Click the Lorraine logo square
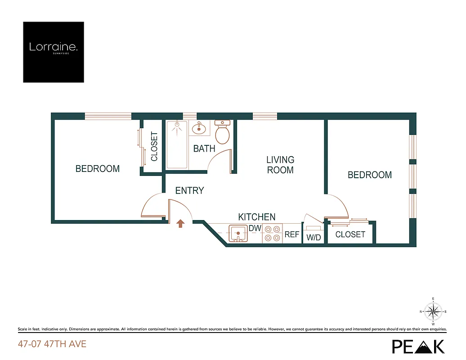pyautogui.click(x=54, y=52)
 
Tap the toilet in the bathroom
pyautogui.click(x=222, y=132)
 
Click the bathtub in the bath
pyautogui.click(x=177, y=144)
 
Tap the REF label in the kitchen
pyautogui.click(x=292, y=234)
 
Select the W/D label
pyautogui.click(x=314, y=237)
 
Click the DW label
pyautogui.click(x=255, y=228)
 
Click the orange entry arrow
pyautogui.click(x=180, y=223)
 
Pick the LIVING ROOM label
pyautogui.click(x=280, y=165)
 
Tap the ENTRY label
pyautogui.click(x=189, y=191)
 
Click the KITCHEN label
pyautogui.click(x=257, y=217)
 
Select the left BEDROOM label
pyautogui.click(x=98, y=169)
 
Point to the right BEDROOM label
pyautogui.click(x=370, y=175)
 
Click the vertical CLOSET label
pyautogui.click(x=154, y=146)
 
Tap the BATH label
pyautogui.click(x=204, y=148)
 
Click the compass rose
pyautogui.click(x=433, y=311)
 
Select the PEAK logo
pyautogui.click(x=418, y=346)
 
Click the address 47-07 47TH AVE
pyautogui.click(x=52, y=345)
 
